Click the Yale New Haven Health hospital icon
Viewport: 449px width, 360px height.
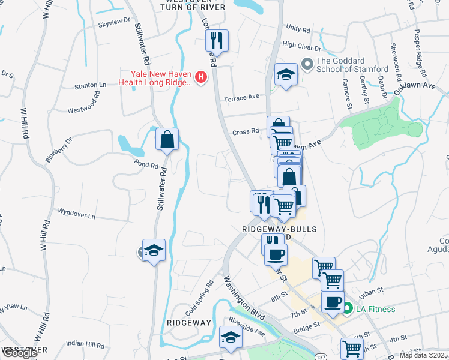coord(201,77)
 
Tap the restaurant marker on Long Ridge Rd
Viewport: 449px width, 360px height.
coord(216,41)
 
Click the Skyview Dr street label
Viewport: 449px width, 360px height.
coord(113,22)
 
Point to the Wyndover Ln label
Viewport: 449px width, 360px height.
coord(76,213)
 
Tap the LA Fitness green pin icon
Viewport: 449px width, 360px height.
coord(347,309)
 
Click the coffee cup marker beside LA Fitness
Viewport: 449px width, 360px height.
coord(332,302)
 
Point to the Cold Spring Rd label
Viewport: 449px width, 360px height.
coord(200,298)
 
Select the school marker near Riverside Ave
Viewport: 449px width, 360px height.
coord(230,338)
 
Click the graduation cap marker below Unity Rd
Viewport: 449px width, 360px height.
coord(286,75)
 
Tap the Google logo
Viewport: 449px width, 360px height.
coord(19,353)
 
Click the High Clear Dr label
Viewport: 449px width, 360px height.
coord(301,46)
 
